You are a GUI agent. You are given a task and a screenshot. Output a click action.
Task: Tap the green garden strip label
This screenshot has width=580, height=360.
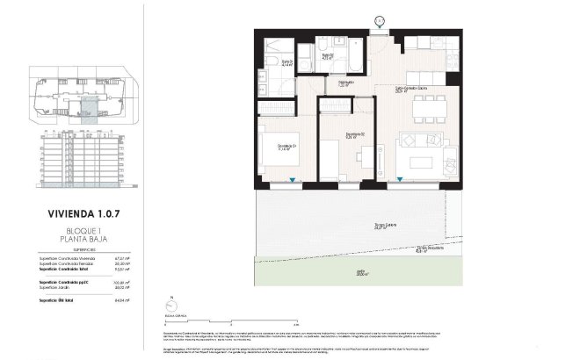point(359,273)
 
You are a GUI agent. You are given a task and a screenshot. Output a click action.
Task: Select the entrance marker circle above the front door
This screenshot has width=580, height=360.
point(379,20)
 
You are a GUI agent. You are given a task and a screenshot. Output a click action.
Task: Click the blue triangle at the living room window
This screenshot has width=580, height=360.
point(401,180)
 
